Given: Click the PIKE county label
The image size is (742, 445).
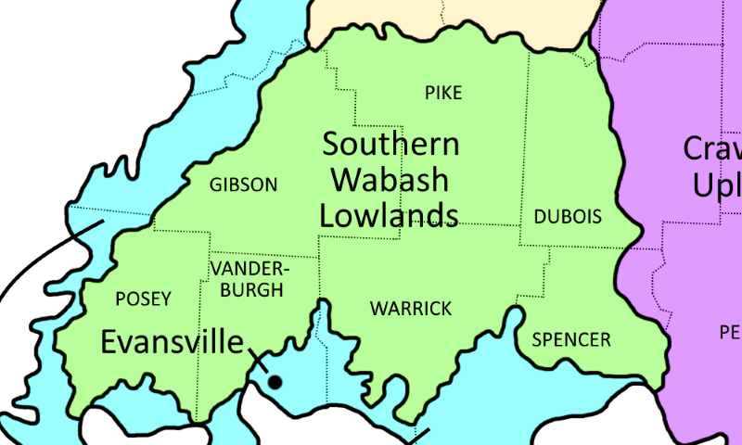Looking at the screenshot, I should [443, 93].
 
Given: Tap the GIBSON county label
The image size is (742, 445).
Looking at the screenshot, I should [243, 184].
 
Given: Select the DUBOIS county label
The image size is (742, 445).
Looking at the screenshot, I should [568, 217].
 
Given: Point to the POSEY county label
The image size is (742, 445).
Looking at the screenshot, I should [143, 299].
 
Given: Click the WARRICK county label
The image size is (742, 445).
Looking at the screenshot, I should [411, 308].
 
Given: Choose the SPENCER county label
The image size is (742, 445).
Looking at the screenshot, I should [571, 339].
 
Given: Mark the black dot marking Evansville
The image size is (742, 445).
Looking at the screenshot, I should [275, 381].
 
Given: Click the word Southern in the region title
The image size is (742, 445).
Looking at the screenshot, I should [390, 145].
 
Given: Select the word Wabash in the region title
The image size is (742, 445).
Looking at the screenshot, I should [390, 179].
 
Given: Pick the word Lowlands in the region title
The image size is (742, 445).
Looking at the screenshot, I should [389, 214].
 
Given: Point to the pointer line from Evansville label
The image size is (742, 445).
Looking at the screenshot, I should [257, 360].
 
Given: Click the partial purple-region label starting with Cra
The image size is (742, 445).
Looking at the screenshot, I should [712, 148].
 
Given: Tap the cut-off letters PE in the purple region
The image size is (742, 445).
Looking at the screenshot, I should [730, 331].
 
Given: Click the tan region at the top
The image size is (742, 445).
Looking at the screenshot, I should [454, 17].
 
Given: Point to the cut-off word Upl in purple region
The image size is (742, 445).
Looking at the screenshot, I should [717, 184].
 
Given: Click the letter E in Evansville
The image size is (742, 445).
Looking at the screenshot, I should [110, 342].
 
